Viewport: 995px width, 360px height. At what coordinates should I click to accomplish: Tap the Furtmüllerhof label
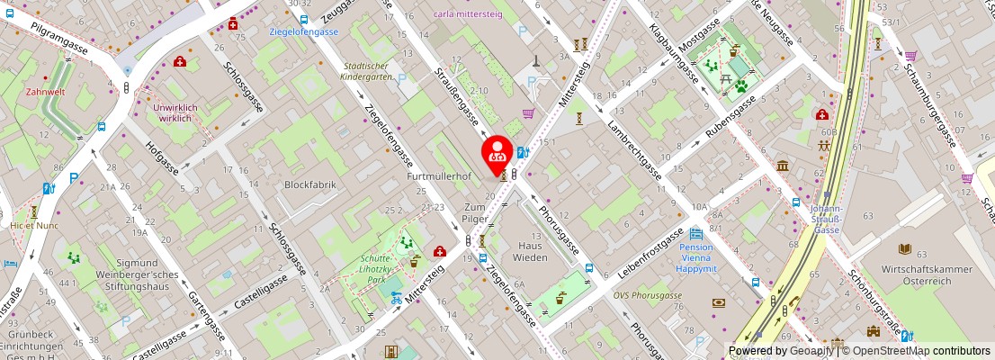point(439,177)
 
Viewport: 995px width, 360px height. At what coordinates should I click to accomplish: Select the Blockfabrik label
point(309,184)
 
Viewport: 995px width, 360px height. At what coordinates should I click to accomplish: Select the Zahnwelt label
point(45,92)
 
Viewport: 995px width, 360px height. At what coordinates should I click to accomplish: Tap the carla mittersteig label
point(468,14)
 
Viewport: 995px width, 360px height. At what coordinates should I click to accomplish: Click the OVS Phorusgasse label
point(647,295)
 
